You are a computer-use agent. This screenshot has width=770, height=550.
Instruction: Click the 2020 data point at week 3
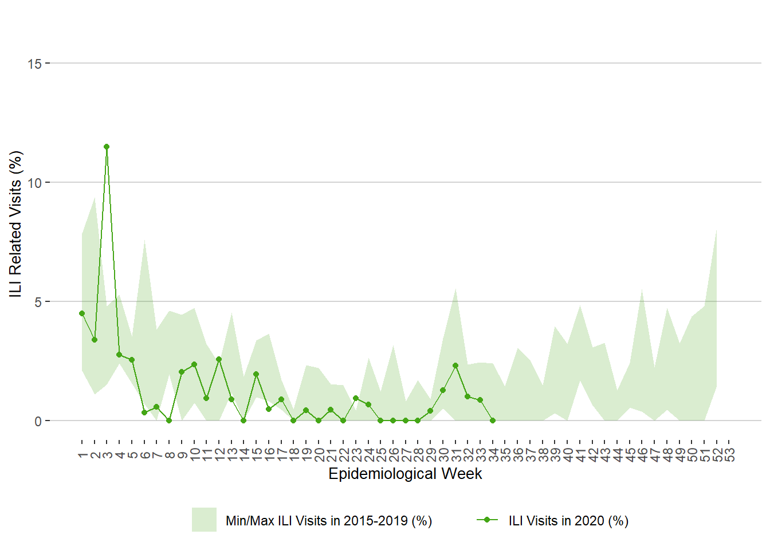click(x=107, y=147)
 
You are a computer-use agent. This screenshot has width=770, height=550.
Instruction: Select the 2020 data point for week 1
click(x=82, y=313)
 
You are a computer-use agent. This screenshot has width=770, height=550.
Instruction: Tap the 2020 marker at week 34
click(x=493, y=421)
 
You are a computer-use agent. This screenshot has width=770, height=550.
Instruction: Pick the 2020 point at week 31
click(x=455, y=366)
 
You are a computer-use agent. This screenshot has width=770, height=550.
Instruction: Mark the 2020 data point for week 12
click(x=219, y=359)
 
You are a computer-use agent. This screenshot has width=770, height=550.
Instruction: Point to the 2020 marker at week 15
click(x=256, y=374)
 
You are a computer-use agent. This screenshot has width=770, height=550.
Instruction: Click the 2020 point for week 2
click(x=95, y=340)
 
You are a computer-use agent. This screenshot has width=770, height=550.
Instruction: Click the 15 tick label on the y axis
click(x=34, y=64)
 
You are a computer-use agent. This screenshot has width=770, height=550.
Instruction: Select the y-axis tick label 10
click(x=34, y=183)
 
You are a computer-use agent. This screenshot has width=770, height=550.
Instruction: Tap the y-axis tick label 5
click(x=38, y=302)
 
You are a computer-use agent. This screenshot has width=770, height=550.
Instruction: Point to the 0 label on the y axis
click(x=38, y=421)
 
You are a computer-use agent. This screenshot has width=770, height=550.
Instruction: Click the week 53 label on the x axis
click(x=729, y=455)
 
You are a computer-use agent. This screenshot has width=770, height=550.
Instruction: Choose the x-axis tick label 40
click(x=568, y=455)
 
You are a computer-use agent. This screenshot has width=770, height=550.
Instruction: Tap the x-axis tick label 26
click(x=394, y=455)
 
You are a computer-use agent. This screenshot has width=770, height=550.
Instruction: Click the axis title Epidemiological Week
click(x=405, y=474)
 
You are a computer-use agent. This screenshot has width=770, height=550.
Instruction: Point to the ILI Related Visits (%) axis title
click(x=15, y=223)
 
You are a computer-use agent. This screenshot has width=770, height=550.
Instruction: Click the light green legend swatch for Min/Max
click(x=204, y=520)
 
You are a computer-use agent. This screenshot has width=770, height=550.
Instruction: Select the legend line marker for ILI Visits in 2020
click(x=487, y=520)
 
